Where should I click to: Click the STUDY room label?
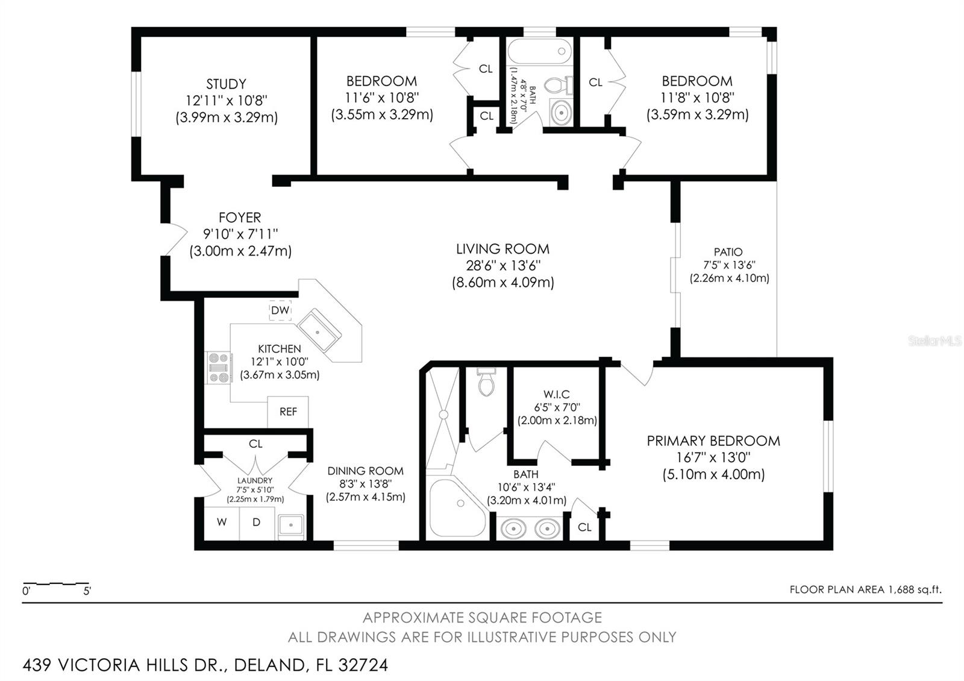point(226,84)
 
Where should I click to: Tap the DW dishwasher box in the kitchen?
point(280,310)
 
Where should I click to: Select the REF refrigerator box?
point(288,412)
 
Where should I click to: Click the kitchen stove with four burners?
point(219,368)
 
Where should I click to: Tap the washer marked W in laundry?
point(222,523)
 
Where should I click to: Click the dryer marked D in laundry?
point(256,523)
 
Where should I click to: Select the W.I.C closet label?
point(556,394)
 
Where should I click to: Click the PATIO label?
point(728,252)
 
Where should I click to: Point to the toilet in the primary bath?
point(486,383)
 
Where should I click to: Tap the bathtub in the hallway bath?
point(539,51)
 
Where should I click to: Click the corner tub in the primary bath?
point(456,507)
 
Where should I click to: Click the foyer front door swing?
point(176,239)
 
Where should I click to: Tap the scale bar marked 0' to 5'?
point(56,584)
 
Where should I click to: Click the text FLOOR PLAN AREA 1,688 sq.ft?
point(865,589)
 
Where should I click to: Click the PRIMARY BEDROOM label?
point(713,441)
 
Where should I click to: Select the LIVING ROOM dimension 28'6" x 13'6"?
point(503,265)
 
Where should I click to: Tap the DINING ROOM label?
point(365,471)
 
